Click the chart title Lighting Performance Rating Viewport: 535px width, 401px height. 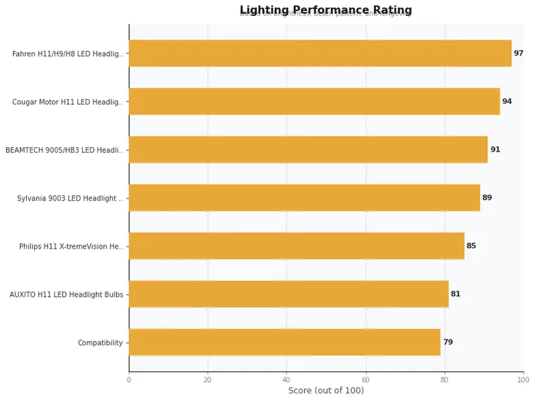pyautogui.click(x=326, y=10)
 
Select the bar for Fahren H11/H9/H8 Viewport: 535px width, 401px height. pyautogui.click(x=320, y=53)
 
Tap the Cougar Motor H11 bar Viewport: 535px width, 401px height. pyautogui.click(x=314, y=102)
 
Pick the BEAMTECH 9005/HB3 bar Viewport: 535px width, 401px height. pyautogui.click(x=308, y=150)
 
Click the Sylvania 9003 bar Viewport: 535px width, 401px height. pyautogui.click(x=304, y=198)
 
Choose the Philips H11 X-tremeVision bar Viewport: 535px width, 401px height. pyautogui.click(x=296, y=246)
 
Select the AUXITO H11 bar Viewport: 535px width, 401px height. pyautogui.click(x=288, y=294)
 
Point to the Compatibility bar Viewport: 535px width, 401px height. pyautogui.click(x=284, y=342)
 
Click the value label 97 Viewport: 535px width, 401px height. pyautogui.click(x=518, y=53)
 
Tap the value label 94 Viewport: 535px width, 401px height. pyautogui.click(x=507, y=102)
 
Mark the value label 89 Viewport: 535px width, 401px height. pyautogui.click(x=487, y=198)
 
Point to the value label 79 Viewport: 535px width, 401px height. pyautogui.click(x=447, y=342)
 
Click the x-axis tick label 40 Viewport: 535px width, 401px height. pyautogui.click(x=287, y=380)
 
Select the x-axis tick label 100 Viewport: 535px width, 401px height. pyautogui.click(x=523, y=380)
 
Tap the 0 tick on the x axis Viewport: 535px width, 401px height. pyautogui.click(x=129, y=380)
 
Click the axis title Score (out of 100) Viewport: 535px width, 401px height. pyautogui.click(x=326, y=391)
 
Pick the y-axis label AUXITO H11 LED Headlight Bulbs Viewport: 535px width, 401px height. pyautogui.click(x=66, y=295)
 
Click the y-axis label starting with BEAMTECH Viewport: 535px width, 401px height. pyautogui.click(x=64, y=150)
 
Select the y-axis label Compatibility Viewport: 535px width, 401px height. pyautogui.click(x=100, y=343)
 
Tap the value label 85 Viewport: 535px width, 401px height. pyautogui.click(x=471, y=246)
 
